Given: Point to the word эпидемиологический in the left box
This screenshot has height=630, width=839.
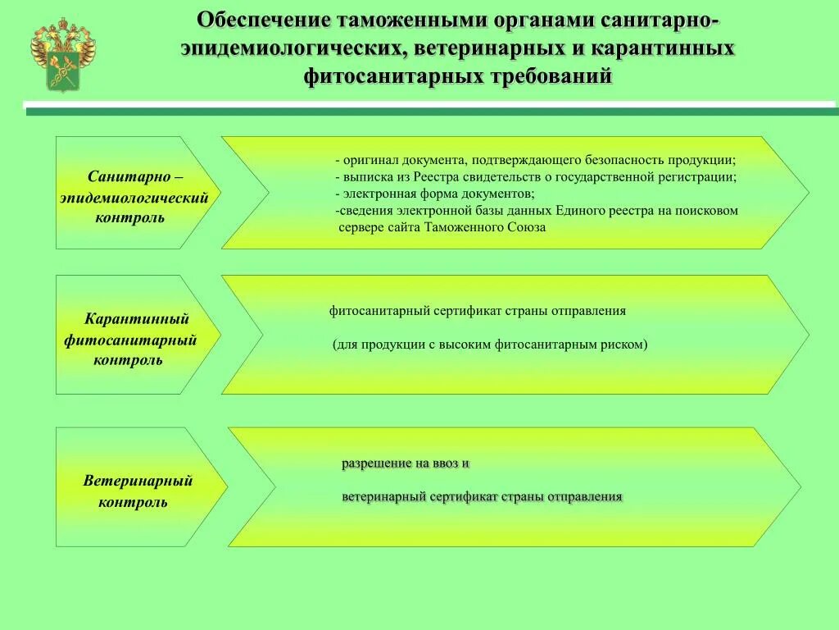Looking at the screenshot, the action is (134, 198).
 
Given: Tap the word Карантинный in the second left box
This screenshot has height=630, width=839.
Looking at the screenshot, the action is (137, 318).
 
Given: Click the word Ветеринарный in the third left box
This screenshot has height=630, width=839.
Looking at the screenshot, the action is (138, 481).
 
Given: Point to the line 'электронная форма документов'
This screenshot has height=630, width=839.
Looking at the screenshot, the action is (438, 194).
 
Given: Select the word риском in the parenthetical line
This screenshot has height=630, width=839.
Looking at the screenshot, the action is (625, 345).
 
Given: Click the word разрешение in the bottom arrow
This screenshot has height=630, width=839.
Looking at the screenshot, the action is (376, 463).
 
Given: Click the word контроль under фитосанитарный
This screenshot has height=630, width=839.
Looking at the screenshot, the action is (128, 360).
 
